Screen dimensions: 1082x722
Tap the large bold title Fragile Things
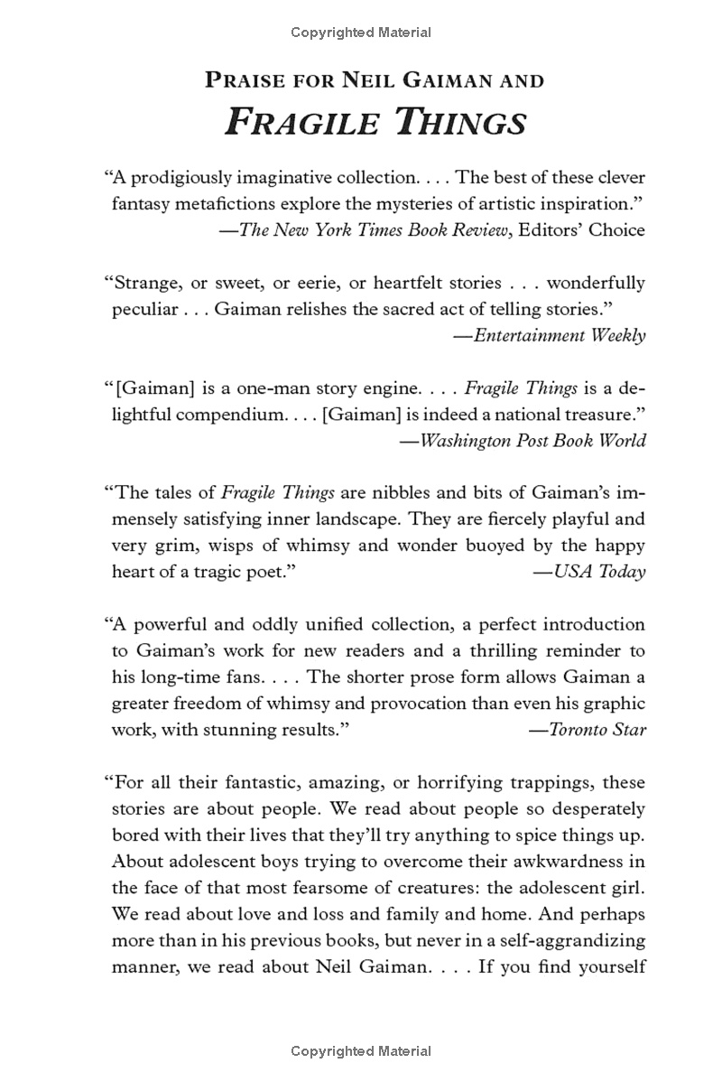(x=375, y=122)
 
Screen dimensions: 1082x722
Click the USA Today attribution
(x=599, y=572)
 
